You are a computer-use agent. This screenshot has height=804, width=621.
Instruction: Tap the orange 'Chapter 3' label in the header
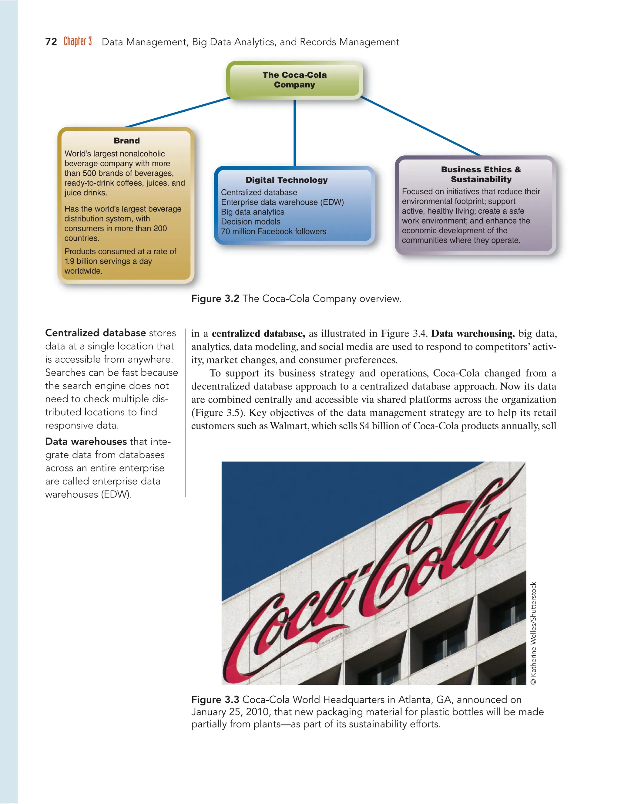78,41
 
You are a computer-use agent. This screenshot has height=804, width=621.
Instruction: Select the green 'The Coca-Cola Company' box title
294,79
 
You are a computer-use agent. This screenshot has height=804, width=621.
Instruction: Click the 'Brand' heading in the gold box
126,141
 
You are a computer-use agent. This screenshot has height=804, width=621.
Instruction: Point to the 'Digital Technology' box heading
287,180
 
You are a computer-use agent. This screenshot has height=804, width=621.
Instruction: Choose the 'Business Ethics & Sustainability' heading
481,174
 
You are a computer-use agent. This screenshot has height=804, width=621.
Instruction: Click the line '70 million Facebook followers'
273,231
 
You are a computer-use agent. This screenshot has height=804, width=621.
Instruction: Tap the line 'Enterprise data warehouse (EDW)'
282,202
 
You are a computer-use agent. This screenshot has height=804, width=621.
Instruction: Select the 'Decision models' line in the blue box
250,221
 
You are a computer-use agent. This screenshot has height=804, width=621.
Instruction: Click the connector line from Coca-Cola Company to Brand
176,112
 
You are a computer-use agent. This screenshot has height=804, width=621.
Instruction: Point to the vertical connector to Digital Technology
295,133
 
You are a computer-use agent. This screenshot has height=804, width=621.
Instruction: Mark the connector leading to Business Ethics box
419,126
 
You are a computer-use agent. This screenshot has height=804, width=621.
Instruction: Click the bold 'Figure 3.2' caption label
215,299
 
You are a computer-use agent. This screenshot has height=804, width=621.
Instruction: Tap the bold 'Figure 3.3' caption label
215,699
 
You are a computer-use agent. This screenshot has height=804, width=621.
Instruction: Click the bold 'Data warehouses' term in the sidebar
86,441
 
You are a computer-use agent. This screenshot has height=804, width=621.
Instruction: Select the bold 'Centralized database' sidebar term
95,333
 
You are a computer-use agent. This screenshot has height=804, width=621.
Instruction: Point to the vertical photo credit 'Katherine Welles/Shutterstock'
533,633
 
